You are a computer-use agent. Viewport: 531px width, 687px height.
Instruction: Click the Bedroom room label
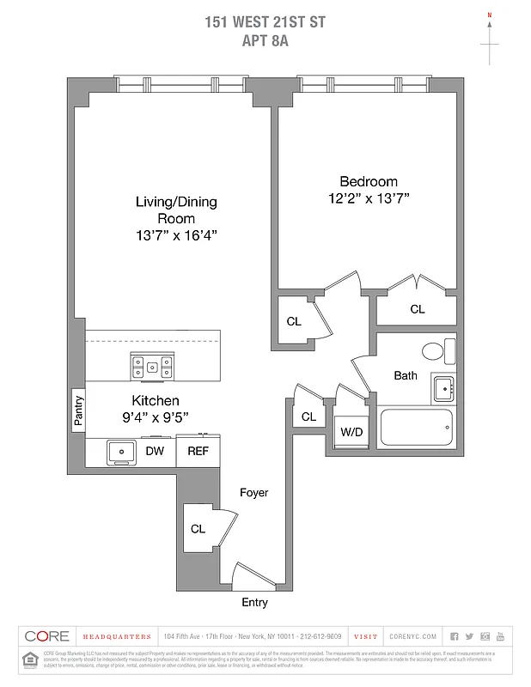(369, 181)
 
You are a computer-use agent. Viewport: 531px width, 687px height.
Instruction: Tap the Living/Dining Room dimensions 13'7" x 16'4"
(176, 235)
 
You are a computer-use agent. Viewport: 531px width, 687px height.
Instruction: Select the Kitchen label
(156, 400)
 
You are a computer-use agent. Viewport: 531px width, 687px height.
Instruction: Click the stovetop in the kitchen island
(151, 367)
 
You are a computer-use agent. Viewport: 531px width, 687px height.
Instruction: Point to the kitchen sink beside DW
(121, 451)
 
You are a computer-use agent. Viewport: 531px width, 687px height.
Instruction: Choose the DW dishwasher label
(155, 451)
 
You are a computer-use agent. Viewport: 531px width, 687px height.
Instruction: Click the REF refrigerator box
(198, 451)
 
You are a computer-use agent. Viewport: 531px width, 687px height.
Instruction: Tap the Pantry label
(78, 410)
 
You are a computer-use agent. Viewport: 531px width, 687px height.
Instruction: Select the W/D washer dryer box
(351, 431)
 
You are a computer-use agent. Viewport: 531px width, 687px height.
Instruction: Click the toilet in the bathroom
(434, 350)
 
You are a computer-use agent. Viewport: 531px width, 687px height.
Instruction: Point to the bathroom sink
(443, 389)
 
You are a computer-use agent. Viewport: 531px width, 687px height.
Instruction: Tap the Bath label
(406, 375)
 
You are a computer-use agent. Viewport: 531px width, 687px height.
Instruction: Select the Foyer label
(253, 493)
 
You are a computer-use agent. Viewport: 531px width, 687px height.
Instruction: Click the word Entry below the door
(254, 602)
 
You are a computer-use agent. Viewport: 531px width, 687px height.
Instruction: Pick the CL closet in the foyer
(198, 529)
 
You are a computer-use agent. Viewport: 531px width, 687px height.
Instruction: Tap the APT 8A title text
(265, 39)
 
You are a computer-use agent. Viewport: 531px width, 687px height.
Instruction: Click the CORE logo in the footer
(47, 636)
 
